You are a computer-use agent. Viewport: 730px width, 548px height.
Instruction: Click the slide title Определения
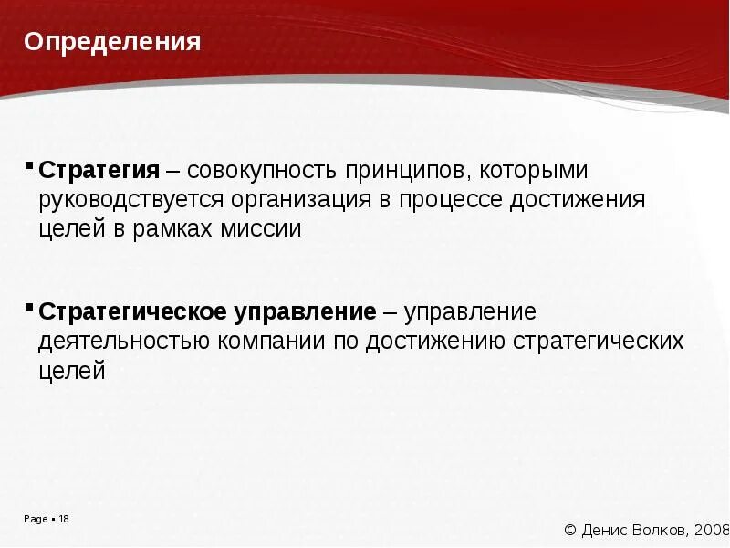coord(112,42)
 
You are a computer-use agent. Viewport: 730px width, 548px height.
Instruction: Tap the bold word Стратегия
coord(99,171)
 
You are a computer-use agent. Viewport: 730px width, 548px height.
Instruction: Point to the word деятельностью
coord(124,342)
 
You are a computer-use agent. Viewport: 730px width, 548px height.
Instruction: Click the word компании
coord(272,342)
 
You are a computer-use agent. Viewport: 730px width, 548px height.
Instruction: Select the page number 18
coord(64,520)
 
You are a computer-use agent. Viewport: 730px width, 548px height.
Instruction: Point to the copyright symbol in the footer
coord(571,530)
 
